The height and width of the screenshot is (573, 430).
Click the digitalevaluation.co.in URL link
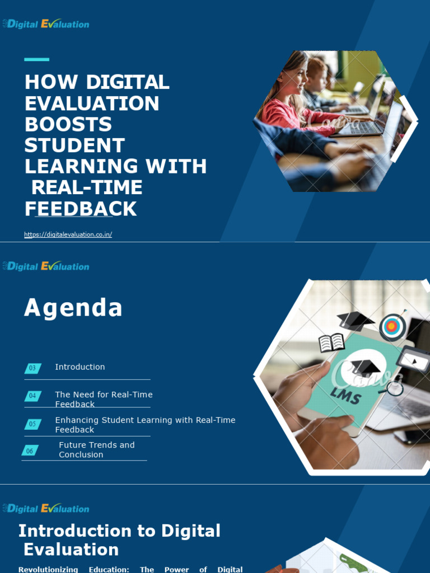click(x=68, y=234)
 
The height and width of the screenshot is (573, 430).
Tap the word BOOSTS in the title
click(x=68, y=124)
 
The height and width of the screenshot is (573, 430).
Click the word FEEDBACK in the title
click(x=81, y=209)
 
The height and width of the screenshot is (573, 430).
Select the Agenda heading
click(x=73, y=308)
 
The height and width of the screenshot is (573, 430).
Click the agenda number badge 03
click(x=32, y=368)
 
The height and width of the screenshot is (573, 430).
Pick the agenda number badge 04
click(x=32, y=396)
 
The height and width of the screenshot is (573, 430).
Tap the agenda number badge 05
click(x=32, y=424)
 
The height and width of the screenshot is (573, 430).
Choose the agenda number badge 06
click(x=30, y=450)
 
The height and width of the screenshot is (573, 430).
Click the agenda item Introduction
click(x=80, y=367)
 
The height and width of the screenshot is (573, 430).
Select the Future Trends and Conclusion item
click(x=96, y=450)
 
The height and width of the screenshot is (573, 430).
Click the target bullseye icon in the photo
click(x=392, y=326)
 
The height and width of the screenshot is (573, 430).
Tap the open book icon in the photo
click(x=331, y=342)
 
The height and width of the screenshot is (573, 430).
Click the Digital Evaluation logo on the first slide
click(x=46, y=24)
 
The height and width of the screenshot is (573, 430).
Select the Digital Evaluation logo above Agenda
click(x=46, y=266)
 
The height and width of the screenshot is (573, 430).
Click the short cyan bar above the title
click(x=36, y=59)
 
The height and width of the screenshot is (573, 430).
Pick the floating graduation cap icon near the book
click(x=355, y=321)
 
